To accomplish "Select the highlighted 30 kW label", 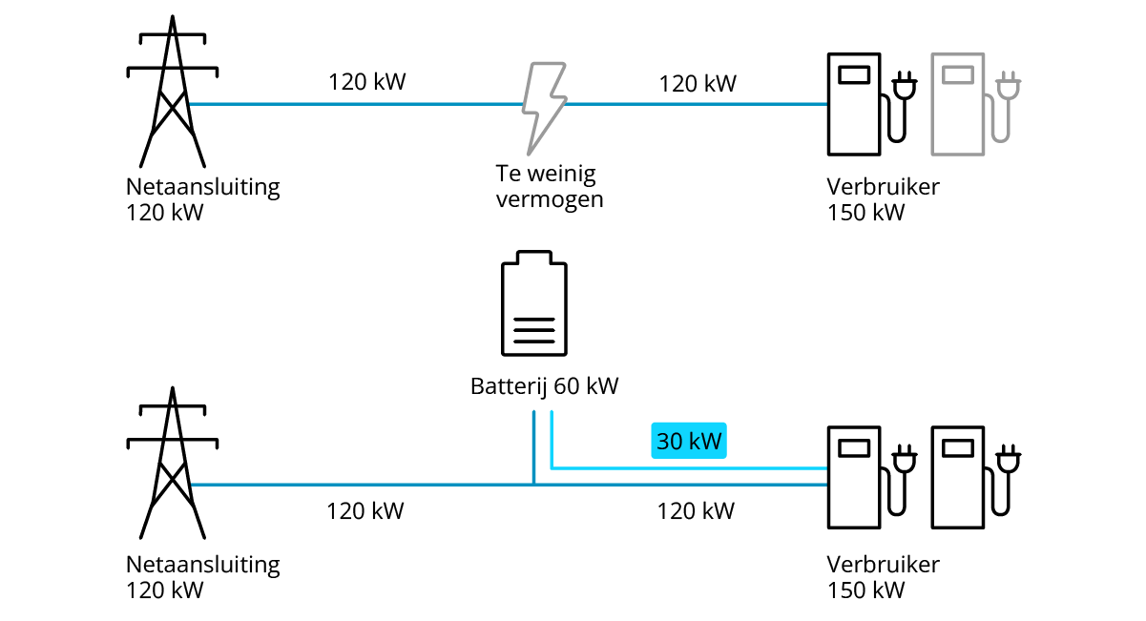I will (x=689, y=442).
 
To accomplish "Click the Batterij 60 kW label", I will (x=544, y=386).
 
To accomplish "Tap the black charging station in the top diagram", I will (x=853, y=103).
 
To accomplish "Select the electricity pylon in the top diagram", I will (x=172, y=95).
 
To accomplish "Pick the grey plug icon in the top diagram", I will (x=1006, y=91).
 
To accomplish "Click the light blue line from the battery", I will (x=687, y=468).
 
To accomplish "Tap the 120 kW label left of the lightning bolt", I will (x=367, y=82).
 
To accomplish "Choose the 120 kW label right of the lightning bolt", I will (x=698, y=84).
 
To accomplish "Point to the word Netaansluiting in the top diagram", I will (x=202, y=186).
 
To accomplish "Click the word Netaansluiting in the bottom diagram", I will (x=202, y=564).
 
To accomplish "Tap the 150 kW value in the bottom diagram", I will (x=865, y=590).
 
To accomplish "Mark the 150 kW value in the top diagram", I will (x=865, y=212).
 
